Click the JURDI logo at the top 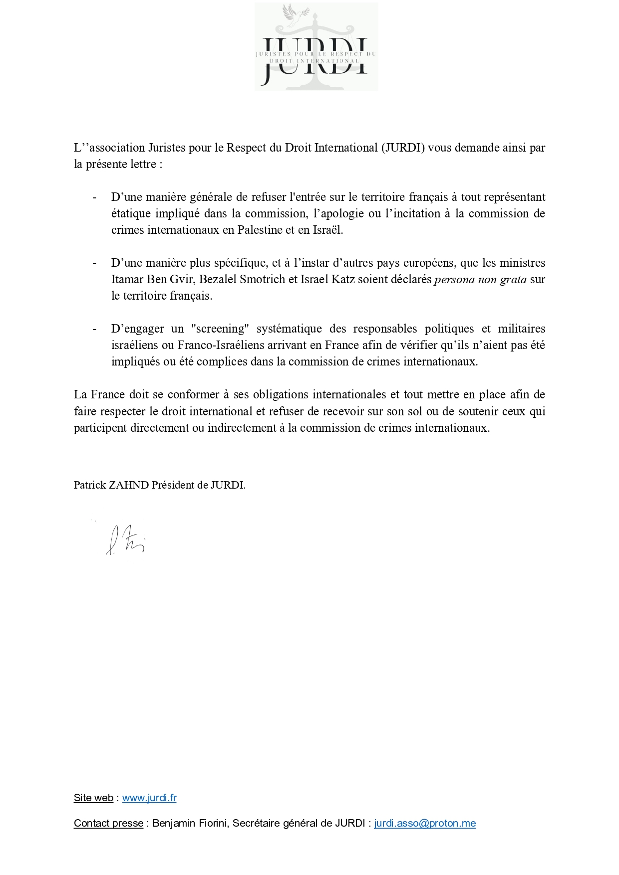[x=316, y=46]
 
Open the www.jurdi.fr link [x=149, y=798]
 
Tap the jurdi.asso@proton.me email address [x=425, y=823]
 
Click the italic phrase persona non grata [x=480, y=279]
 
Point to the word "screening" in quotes [x=220, y=329]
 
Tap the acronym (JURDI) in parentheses [x=403, y=148]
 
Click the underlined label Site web [x=93, y=798]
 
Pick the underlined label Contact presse [x=108, y=823]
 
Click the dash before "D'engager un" [x=94, y=329]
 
